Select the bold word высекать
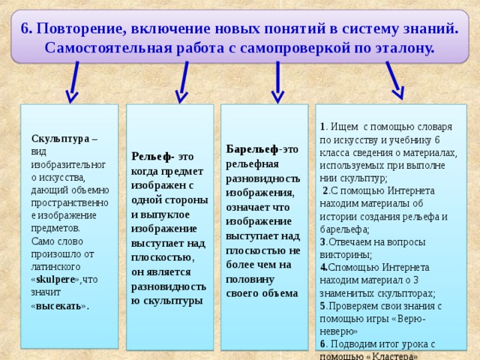coord(59,307)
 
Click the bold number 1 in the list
coord(321,127)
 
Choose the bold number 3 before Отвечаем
coord(322,242)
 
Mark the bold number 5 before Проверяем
coord(322,306)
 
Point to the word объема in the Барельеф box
coord(277,292)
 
